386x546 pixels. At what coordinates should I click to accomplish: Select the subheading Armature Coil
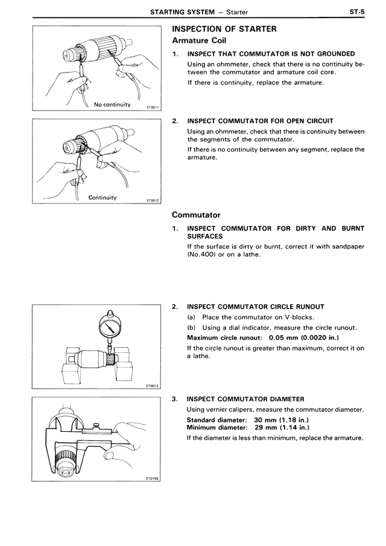click(x=203, y=40)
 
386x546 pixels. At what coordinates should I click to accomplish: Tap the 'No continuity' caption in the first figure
click(x=112, y=104)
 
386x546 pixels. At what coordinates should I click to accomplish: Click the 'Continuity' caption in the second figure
click(x=103, y=198)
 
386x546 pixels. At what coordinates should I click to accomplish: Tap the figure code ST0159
click(x=151, y=477)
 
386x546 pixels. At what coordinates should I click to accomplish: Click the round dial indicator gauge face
click(x=109, y=329)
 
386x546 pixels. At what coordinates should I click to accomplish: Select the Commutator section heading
click(x=196, y=214)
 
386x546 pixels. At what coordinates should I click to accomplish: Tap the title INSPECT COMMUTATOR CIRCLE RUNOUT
click(x=255, y=307)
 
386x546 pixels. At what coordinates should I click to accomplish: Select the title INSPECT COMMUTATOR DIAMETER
click(x=245, y=399)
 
